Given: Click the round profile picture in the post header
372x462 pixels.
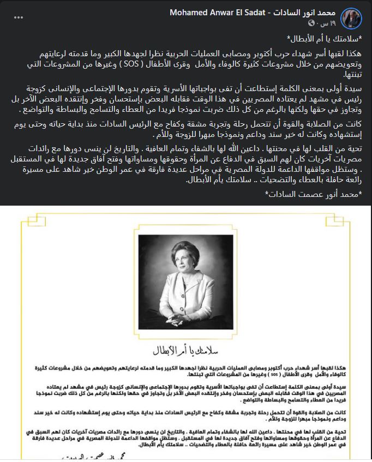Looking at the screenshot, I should point(351,17).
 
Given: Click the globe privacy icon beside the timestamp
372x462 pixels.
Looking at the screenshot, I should point(311,23).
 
